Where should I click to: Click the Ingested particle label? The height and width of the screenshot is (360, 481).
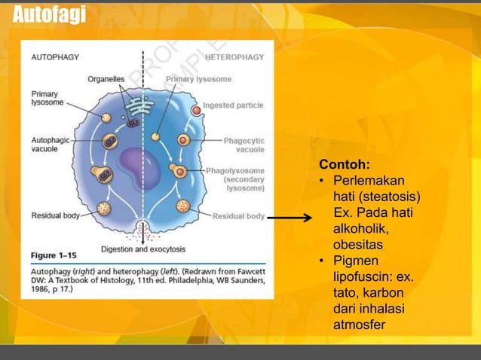(233, 105)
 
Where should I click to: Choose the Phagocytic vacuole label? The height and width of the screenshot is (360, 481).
(244, 145)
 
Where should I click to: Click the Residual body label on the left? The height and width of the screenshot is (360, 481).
(55, 216)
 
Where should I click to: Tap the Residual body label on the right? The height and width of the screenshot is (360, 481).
(238, 217)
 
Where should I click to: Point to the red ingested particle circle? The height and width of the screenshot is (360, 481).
(196, 110)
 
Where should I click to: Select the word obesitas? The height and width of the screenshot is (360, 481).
(358, 245)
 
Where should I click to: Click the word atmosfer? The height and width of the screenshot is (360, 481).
(360, 325)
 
